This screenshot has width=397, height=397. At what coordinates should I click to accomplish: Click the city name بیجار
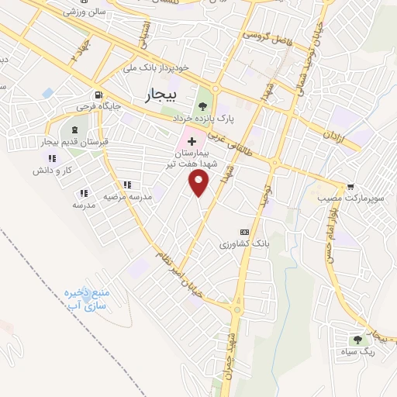point(161,95)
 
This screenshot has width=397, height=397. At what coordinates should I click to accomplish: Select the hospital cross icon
point(192,143)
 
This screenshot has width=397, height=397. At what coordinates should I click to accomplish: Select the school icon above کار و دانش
point(41,159)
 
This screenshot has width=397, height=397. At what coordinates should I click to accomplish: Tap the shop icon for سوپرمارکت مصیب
point(351,186)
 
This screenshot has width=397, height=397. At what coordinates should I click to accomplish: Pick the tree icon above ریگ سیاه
point(357,339)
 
